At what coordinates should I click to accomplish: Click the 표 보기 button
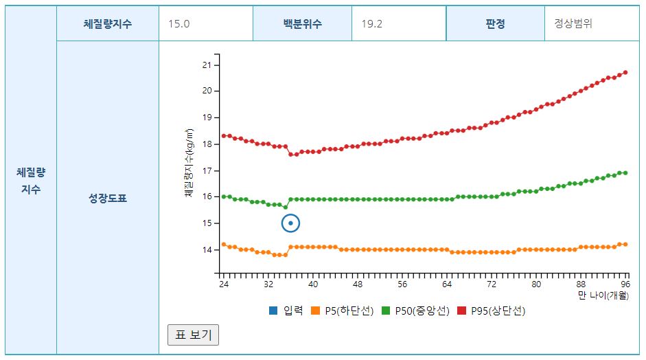pos(193,335)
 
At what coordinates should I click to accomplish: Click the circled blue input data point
pos(291,223)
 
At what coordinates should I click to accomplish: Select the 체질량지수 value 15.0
pos(179,23)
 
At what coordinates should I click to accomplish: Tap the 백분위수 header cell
pos(302,23)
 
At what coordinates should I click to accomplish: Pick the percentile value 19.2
pos(372,23)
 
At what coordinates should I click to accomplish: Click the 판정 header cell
pos(495,23)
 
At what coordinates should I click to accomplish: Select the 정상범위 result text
pos(573,23)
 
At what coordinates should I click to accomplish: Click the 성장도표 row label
pos(108,199)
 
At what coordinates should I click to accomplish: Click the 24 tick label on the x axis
pos(223,284)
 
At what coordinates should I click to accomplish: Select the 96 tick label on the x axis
pos(625,284)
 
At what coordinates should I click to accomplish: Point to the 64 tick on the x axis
pos(447,284)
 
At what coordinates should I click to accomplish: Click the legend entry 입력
pos(287,311)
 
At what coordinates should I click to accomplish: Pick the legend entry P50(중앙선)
pos(416,311)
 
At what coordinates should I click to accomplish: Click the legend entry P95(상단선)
pos(492,311)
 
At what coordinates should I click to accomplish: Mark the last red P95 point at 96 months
pos(625,72)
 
